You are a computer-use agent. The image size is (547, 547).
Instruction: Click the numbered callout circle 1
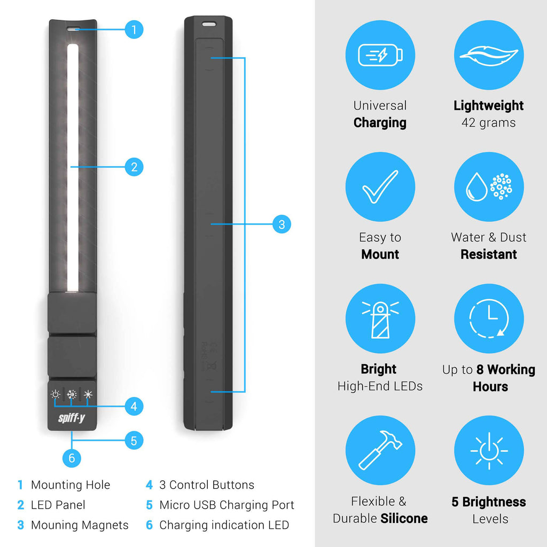(x=134, y=30)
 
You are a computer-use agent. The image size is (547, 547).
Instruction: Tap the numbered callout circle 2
(x=134, y=167)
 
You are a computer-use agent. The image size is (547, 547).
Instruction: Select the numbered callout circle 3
(x=282, y=224)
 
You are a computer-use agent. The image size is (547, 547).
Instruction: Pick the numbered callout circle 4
(x=134, y=407)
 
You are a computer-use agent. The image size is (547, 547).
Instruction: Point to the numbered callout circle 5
(x=134, y=441)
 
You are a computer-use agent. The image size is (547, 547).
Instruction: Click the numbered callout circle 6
(x=72, y=458)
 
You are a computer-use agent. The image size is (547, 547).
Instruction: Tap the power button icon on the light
(x=55, y=394)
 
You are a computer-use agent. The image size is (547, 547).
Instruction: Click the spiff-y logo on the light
(x=72, y=418)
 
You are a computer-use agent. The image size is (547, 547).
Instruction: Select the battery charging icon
(x=380, y=55)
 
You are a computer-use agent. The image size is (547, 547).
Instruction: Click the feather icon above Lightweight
(x=489, y=56)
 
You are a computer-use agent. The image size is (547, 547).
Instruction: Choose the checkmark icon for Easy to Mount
(x=380, y=186)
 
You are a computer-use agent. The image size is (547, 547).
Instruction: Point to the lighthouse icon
(x=380, y=319)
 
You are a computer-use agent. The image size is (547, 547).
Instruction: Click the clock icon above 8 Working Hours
(x=489, y=318)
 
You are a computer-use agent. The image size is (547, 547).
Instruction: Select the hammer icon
(x=380, y=450)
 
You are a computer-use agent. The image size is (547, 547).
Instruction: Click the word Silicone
(x=404, y=518)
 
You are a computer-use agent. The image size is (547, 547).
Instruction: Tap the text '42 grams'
(x=488, y=123)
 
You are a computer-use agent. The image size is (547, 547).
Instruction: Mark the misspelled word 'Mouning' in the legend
(x=53, y=525)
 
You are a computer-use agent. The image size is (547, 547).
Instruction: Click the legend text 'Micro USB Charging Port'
(x=226, y=505)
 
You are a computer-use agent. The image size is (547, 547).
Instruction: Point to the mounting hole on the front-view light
(x=73, y=30)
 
